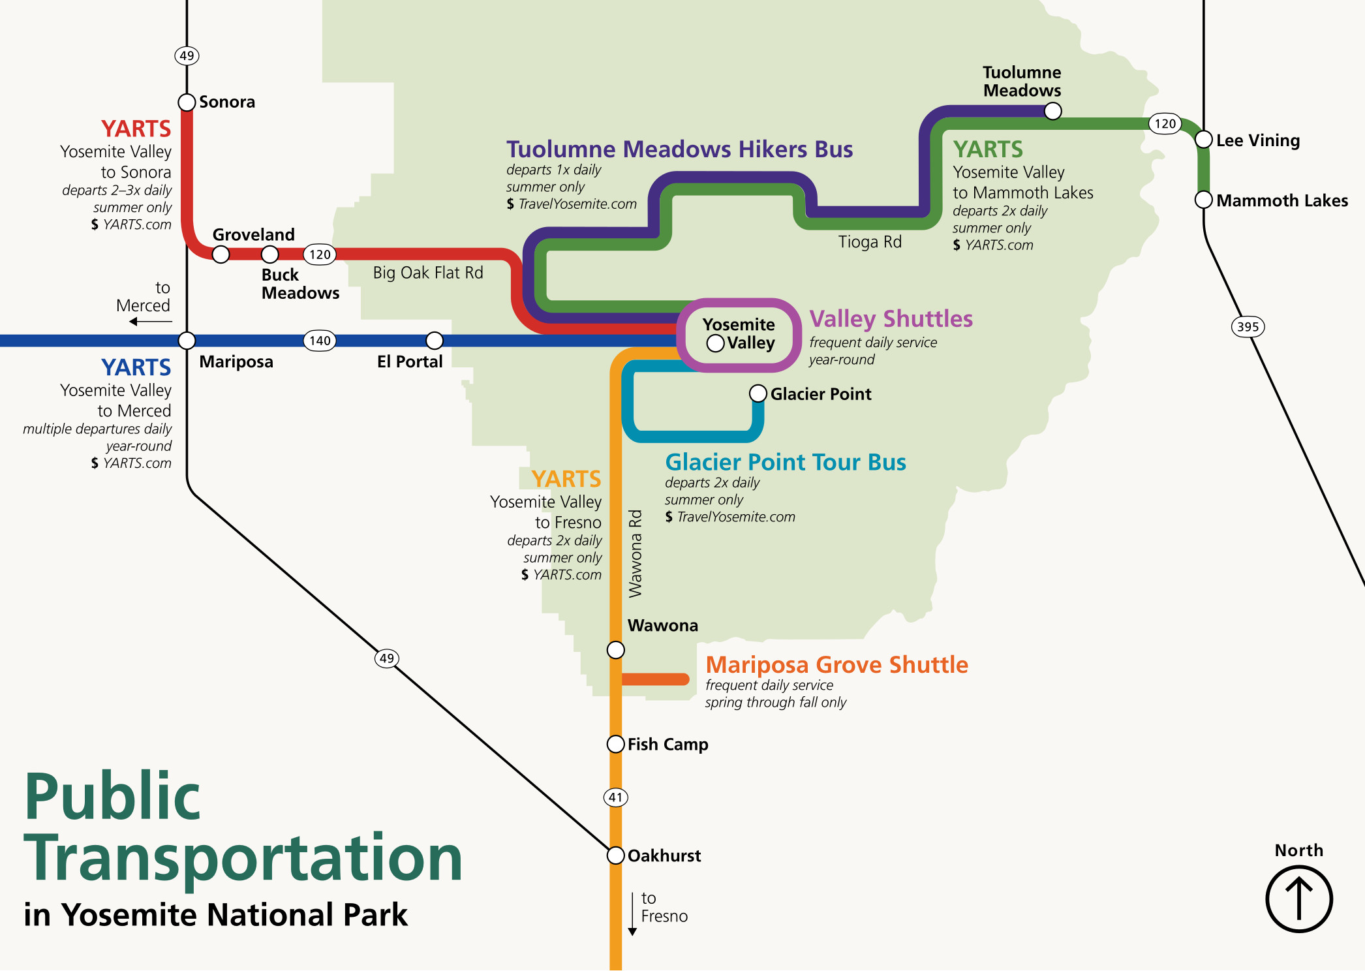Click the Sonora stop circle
coord(187,102)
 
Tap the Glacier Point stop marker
coord(758,393)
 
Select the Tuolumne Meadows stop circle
coord(1053,111)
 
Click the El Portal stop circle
coord(435,341)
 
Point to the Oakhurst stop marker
coord(616,855)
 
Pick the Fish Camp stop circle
coord(616,744)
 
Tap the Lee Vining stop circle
coord(1204,140)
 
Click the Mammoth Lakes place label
coord(1282,200)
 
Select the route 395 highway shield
coord(1248,327)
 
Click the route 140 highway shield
coord(320,341)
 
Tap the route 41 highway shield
coord(616,797)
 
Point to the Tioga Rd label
coord(870,242)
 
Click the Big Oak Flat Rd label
coord(428,273)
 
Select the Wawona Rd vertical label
coord(635,554)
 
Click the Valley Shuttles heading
coord(891,318)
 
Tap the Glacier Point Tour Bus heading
coord(786,462)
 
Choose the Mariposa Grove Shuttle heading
coord(837,664)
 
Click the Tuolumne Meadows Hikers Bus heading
coord(680,149)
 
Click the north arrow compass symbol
coord(1299,899)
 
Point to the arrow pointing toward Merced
coord(151,322)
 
